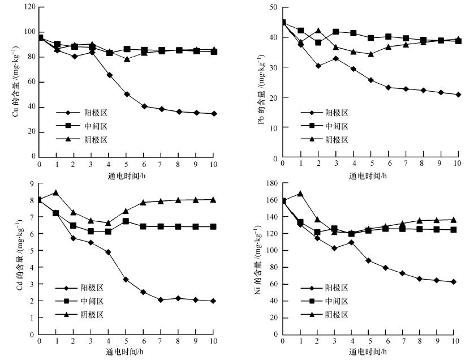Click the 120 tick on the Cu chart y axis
(29, 7)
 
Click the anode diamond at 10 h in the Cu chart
(213, 113)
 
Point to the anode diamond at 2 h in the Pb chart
(318, 66)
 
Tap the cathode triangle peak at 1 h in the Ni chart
(300, 194)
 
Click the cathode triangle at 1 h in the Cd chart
(56, 192)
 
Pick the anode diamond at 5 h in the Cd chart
(126, 280)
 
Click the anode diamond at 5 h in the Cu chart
(126, 94)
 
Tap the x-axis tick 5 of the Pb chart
(370, 164)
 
